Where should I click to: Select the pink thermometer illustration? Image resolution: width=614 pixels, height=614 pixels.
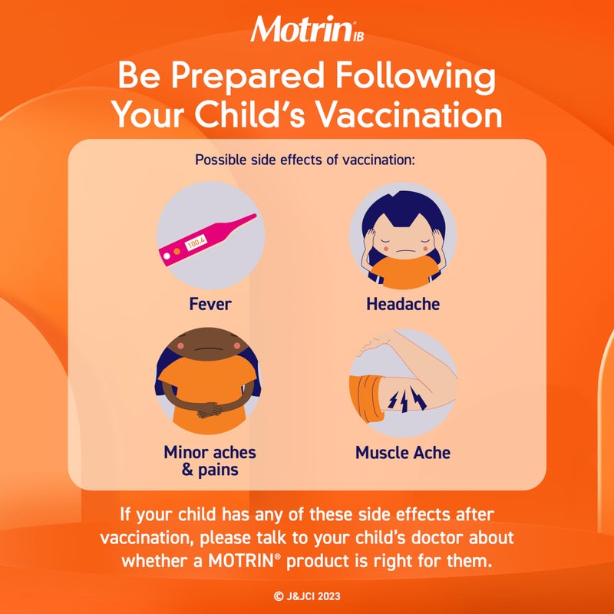pos(206,237)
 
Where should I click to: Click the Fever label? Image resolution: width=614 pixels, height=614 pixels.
pos(210,304)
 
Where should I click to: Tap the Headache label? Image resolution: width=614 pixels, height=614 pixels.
pos(403,304)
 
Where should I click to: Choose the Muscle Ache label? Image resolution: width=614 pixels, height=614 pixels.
pos(403,452)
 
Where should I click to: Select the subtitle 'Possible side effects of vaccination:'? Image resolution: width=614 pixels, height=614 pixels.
pos(305,160)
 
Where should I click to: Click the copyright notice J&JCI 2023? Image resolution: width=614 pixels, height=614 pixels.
pos(306,595)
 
